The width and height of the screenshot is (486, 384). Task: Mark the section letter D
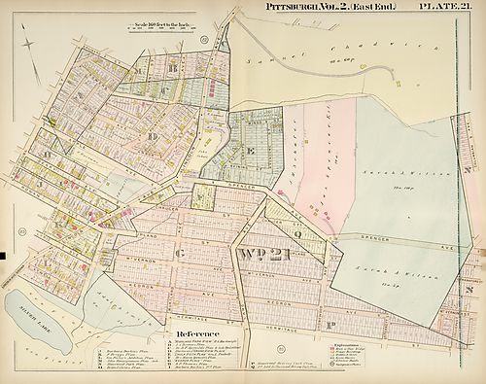[x=152, y=136]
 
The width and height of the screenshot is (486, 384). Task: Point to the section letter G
[x=181, y=254]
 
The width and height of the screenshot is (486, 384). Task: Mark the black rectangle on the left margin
[x=3, y=255]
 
